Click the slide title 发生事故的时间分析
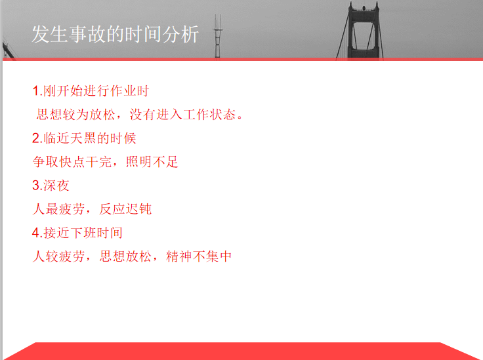[115, 34]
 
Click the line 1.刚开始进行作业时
[95, 90]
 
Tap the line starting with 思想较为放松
[140, 115]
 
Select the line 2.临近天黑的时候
[84, 138]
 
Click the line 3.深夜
[51, 186]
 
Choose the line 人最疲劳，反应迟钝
[93, 209]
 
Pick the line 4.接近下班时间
[77, 233]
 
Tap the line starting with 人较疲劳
[133, 256]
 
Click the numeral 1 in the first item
[35, 90]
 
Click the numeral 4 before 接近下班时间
[36, 233]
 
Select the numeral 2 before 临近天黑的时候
[36, 138]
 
